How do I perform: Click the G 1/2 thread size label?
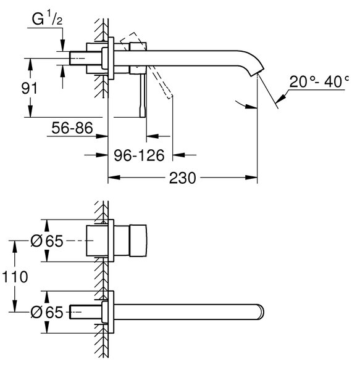47,19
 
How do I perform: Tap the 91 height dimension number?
29,88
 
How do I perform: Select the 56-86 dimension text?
72,128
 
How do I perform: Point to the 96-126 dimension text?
139,155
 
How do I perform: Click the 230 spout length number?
182,178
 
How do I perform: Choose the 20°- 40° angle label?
319,81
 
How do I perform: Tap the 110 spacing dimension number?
15,277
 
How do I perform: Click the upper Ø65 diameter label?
47,241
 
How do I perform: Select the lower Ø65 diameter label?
47,312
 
